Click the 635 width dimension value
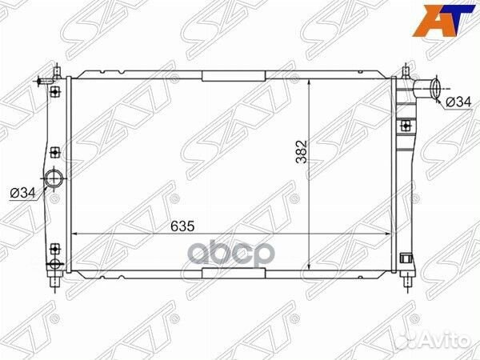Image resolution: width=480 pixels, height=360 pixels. (182, 226)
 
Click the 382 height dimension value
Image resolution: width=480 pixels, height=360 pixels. (302, 152)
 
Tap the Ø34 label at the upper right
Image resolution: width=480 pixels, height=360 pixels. (458, 102)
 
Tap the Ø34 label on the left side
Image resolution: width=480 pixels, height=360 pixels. (23, 193)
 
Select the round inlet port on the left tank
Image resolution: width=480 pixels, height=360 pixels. (54, 178)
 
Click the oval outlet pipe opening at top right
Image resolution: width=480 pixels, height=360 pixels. (436, 88)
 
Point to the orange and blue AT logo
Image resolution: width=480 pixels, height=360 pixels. (443, 21)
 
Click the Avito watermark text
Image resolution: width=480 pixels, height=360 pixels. (446, 341)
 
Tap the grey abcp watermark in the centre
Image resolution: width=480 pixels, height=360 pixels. (231, 252)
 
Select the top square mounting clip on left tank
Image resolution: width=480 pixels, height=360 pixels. (54, 91)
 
